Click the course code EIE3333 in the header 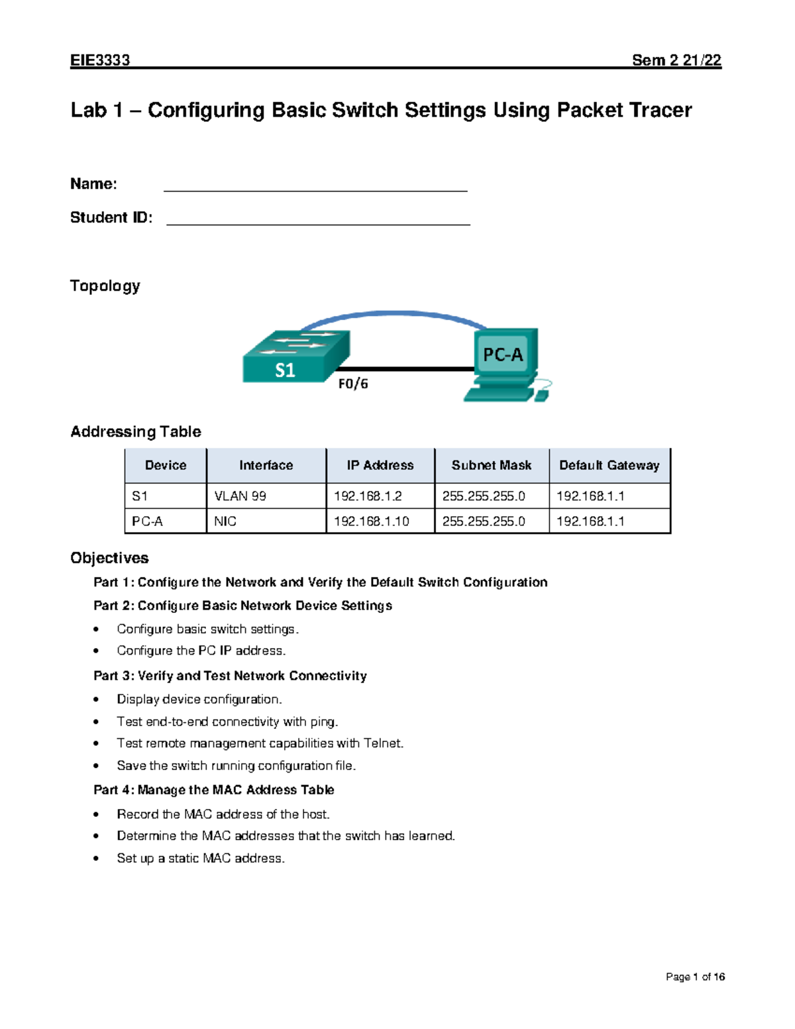(100, 60)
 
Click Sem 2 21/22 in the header (676, 60)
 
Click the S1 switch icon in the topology (295, 358)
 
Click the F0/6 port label (352, 384)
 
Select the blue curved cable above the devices (395, 313)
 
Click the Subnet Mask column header (491, 466)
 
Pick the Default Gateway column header (609, 466)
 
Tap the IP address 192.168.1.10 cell (371, 521)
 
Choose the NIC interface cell (225, 521)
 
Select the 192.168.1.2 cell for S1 (368, 496)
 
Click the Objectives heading (109, 558)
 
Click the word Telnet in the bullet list (382, 743)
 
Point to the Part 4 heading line (213, 790)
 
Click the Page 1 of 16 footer (695, 977)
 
